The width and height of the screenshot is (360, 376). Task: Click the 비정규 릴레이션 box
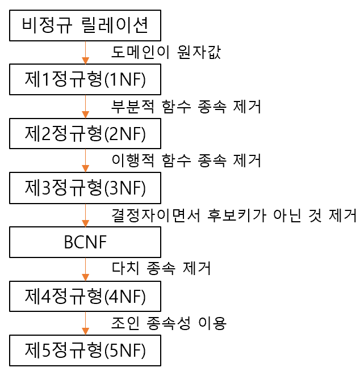click(85, 26)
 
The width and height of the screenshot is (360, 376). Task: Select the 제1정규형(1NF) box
click(85, 79)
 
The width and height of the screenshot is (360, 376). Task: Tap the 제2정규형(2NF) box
click(85, 134)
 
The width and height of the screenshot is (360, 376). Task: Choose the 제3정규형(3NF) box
click(85, 188)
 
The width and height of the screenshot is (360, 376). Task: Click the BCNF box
click(85, 242)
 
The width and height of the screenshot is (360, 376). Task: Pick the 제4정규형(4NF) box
click(85, 296)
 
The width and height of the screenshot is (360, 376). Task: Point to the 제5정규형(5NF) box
click(85, 350)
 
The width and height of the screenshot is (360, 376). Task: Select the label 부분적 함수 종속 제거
click(186, 107)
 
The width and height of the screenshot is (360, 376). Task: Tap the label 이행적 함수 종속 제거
click(186, 161)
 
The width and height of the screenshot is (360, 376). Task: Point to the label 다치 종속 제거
click(161, 269)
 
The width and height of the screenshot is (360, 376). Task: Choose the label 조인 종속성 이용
click(169, 323)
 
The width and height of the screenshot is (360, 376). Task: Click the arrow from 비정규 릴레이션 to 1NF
click(85, 53)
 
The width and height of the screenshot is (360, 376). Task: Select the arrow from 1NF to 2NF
click(85, 107)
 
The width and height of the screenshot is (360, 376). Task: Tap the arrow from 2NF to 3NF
click(85, 161)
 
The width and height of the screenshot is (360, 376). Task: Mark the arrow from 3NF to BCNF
click(85, 215)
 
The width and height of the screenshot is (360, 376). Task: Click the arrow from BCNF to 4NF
click(85, 269)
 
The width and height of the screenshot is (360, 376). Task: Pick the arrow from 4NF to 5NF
click(85, 323)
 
